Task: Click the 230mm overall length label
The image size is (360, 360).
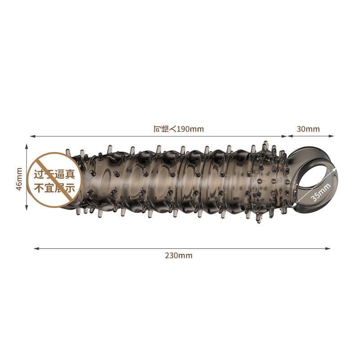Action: (179, 255)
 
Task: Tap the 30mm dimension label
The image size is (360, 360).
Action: (308, 129)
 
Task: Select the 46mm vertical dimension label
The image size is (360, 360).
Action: (19, 179)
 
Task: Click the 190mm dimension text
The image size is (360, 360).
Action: (190, 129)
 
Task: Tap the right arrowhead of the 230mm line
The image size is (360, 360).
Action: (328, 248)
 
